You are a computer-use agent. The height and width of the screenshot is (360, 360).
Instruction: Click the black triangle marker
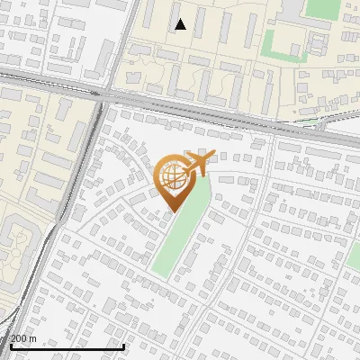pos(181,24)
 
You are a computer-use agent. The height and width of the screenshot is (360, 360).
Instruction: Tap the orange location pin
pos(175,180)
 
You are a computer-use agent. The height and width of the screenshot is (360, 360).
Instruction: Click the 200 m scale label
pos(23,337)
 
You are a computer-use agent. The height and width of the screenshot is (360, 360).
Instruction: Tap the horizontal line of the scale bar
pos(67,346)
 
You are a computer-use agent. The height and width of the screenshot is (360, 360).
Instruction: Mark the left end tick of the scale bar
pos(11,344)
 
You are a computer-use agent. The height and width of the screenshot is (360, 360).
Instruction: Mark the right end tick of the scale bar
pos(124,344)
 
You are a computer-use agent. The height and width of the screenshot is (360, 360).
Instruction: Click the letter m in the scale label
pos(32,337)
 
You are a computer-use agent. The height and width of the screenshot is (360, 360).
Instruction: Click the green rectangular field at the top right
pos(320,8)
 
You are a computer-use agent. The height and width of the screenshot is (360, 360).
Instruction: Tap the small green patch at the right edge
pos(354,257)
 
